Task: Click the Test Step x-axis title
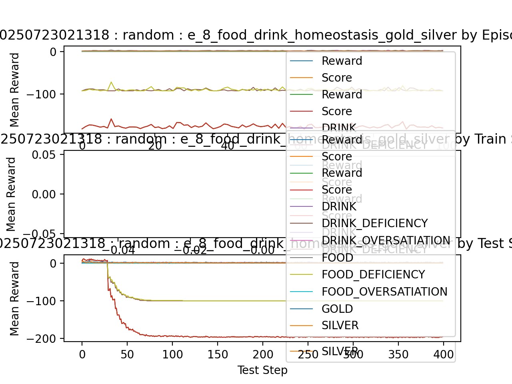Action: tap(262, 370)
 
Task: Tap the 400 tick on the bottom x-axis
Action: tap(444, 354)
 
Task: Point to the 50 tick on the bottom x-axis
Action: tap(127, 354)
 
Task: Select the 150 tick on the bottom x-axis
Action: tap(218, 354)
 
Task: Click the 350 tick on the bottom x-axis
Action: tap(398, 354)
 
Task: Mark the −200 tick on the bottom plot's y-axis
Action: tap(44, 339)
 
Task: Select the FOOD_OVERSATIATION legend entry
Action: tap(384, 292)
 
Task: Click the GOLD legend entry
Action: tap(337, 309)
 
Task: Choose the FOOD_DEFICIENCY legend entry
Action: tap(373, 275)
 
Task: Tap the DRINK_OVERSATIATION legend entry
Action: tap(386, 241)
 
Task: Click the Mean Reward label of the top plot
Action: tap(14, 90)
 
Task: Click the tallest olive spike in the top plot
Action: tap(111, 82)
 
